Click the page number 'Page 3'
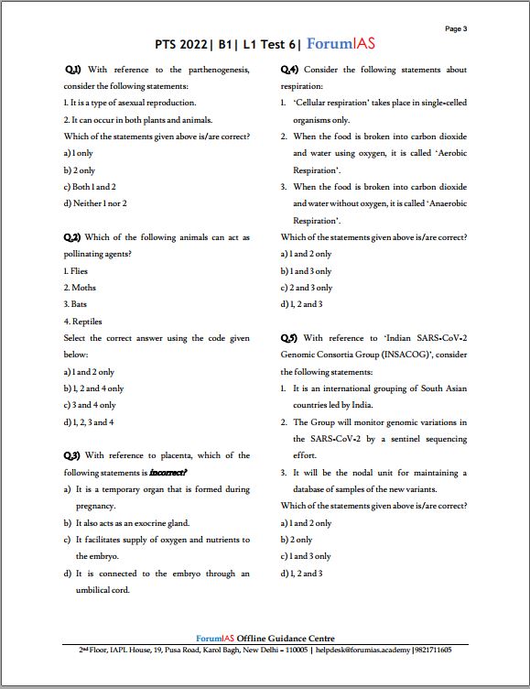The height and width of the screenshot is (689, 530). point(456,28)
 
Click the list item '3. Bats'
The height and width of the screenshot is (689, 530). point(78,304)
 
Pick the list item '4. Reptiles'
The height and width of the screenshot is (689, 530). point(83,322)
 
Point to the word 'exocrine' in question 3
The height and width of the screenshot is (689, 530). point(144,522)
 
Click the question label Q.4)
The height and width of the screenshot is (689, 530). point(289,70)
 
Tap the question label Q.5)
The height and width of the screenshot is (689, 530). point(289,338)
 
